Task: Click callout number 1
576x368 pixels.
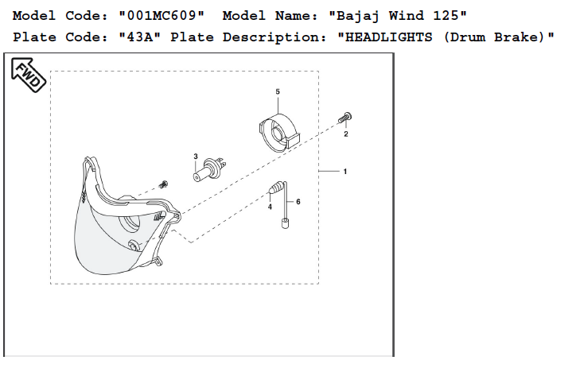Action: tap(344, 172)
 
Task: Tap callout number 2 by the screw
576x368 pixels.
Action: tap(346, 134)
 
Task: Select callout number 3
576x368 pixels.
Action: tap(196, 157)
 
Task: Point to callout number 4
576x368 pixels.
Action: tap(270, 207)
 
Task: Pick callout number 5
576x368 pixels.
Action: tap(278, 92)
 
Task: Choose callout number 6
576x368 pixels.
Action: tap(298, 203)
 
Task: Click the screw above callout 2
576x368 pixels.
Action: tap(346, 118)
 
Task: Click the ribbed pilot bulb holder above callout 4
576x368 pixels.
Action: tap(275, 189)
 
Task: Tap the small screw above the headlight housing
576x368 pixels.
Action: tap(164, 185)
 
